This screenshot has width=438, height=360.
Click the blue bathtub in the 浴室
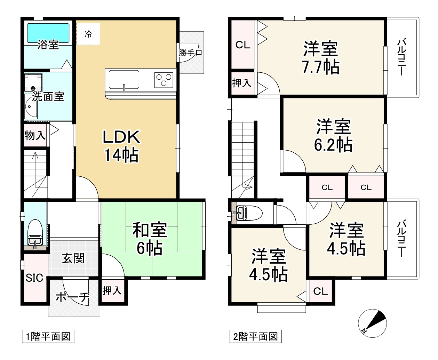point(48,33)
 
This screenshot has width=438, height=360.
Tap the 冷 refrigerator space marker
point(88,34)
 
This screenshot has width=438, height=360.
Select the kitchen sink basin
point(124,80)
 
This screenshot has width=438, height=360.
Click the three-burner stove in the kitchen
point(164,80)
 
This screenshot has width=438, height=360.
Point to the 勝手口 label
point(190,53)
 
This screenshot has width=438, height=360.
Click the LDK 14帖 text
point(121,146)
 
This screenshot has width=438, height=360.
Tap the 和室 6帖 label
point(150,238)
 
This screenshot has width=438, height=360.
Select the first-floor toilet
point(35,233)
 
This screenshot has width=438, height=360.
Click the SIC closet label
point(34,278)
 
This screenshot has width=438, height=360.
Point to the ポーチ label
point(72,297)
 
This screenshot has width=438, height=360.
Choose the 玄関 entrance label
point(73,258)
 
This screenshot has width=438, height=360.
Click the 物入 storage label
point(35,136)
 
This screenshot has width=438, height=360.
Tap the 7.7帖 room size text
point(320,67)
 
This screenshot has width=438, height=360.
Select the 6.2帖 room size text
point(333,145)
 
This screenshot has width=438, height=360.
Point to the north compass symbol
point(372,323)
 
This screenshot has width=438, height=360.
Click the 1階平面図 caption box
point(48,336)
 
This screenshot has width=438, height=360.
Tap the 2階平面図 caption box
point(255,336)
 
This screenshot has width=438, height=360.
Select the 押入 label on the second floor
point(242,83)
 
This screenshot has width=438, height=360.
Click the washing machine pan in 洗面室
point(33,83)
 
